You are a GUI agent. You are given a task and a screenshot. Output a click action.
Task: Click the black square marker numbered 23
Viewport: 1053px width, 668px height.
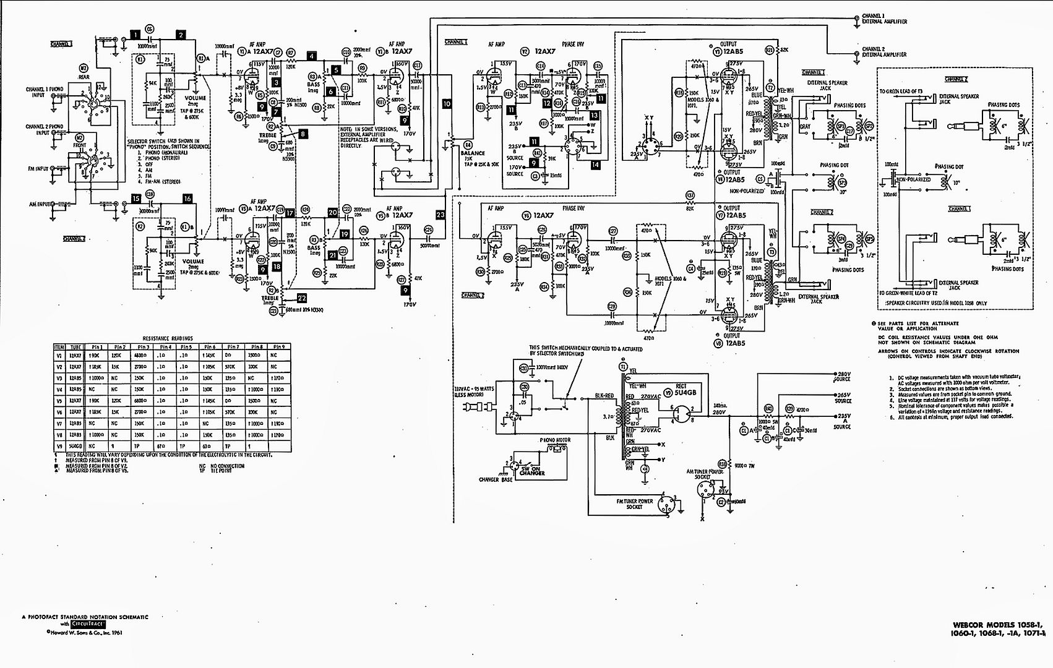click(x=441, y=215)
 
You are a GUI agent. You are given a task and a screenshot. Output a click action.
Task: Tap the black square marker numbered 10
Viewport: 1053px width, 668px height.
click(x=447, y=104)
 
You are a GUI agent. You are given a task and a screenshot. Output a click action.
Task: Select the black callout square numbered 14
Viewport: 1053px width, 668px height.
click(x=595, y=165)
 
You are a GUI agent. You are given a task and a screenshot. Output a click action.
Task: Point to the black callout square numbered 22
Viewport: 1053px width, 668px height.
click(x=302, y=298)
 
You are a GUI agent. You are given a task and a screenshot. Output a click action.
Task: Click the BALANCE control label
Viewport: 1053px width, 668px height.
click(x=473, y=153)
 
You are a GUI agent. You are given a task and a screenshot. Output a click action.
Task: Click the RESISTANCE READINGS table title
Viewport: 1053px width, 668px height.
click(x=168, y=338)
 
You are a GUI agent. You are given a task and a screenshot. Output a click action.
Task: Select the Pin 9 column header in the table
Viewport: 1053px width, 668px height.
click(x=280, y=347)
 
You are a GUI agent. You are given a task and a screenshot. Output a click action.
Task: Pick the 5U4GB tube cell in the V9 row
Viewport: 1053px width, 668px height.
click(x=75, y=445)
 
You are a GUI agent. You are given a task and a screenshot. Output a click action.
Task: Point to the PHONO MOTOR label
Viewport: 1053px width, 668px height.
click(x=555, y=440)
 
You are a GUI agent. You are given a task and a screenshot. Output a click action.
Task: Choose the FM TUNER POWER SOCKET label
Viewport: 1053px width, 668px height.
click(x=634, y=504)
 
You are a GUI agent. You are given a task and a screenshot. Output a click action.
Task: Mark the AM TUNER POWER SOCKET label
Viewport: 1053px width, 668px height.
click(x=705, y=474)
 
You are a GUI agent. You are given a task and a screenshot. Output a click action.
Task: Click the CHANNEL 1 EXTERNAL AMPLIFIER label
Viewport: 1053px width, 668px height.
click(x=884, y=19)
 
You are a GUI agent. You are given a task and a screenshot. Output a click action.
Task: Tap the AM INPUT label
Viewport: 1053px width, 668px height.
click(x=40, y=204)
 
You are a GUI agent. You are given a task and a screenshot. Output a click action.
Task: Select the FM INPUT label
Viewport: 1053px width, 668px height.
click(x=38, y=168)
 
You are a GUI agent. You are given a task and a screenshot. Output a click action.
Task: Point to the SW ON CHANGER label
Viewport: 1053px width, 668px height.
click(x=532, y=471)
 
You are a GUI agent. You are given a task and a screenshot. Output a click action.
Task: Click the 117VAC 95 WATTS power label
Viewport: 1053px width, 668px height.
click(x=474, y=392)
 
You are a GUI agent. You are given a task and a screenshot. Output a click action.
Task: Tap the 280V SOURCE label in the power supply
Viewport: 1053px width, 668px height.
click(x=843, y=377)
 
